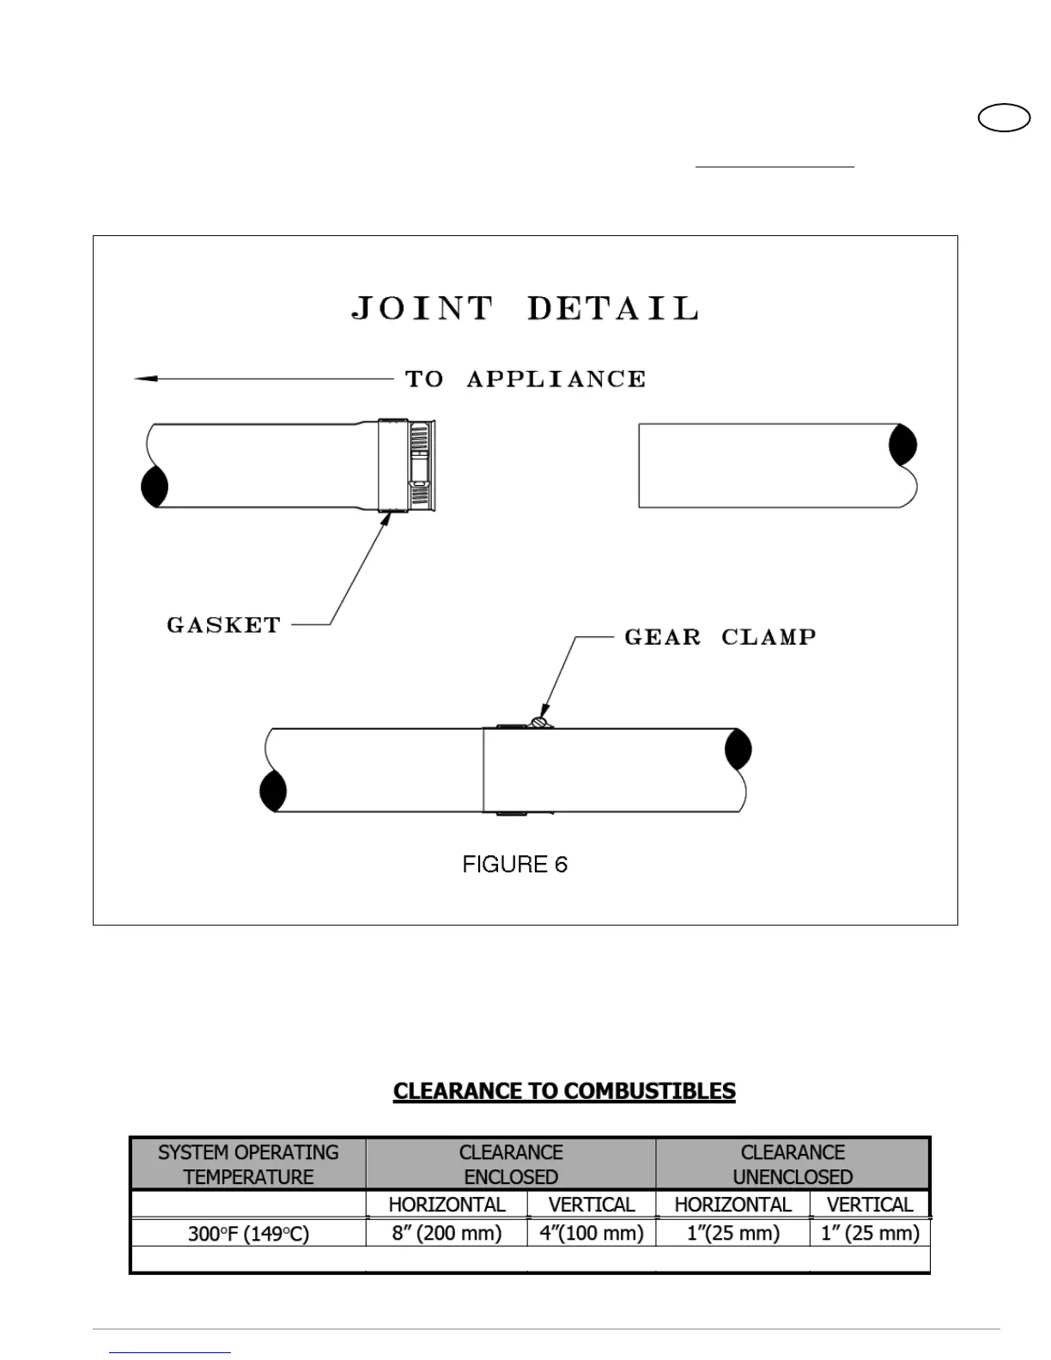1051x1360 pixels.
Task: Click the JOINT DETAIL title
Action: point(525,308)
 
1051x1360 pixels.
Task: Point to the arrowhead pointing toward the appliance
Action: point(146,378)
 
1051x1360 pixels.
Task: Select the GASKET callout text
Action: point(224,625)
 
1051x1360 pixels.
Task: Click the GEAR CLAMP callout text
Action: point(720,637)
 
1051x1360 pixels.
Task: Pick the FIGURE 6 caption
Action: point(515,865)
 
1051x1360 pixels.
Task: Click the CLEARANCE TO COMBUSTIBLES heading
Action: point(564,1091)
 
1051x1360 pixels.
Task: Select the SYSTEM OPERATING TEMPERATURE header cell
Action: point(248,1164)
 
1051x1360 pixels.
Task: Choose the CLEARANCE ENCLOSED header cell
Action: point(511,1164)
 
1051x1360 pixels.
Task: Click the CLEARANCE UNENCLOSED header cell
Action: point(793,1164)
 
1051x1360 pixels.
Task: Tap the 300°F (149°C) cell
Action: point(248,1234)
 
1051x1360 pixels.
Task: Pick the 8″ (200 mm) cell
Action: point(447,1233)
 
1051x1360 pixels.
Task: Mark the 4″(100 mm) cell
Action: point(592,1233)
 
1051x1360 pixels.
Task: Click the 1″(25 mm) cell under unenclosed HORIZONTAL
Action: point(732,1233)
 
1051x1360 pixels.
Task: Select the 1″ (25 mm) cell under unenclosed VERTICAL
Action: point(870,1233)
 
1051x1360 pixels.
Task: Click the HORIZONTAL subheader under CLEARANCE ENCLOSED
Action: point(447,1205)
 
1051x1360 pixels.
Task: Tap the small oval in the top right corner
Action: point(1004,118)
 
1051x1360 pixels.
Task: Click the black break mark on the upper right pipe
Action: point(902,445)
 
